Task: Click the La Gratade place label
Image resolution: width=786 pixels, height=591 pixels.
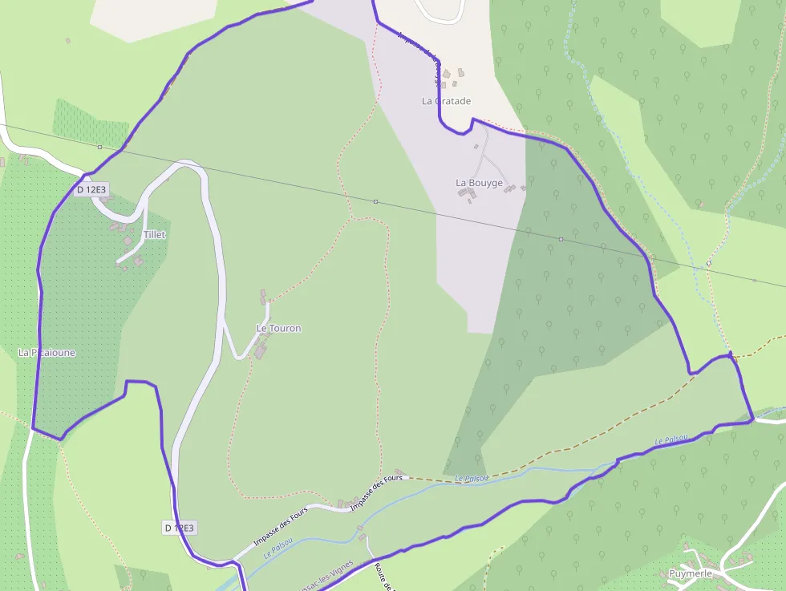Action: pyautogui.click(x=447, y=101)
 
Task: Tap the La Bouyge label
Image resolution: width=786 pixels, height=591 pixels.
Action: pyautogui.click(x=479, y=183)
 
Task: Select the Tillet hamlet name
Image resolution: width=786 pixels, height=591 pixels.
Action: pyautogui.click(x=154, y=234)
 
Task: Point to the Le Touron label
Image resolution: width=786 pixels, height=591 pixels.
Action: pyautogui.click(x=278, y=328)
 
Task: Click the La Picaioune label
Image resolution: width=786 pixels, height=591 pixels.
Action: pyautogui.click(x=47, y=352)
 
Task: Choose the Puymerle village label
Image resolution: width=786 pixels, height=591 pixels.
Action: pyautogui.click(x=691, y=573)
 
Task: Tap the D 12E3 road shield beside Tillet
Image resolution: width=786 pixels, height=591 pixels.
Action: pyautogui.click(x=91, y=190)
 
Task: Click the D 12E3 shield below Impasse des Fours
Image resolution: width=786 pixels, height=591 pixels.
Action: pyautogui.click(x=180, y=528)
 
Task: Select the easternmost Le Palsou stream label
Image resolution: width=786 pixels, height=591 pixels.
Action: pyautogui.click(x=671, y=439)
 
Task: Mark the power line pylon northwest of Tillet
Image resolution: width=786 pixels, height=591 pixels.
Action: pyautogui.click(x=99, y=147)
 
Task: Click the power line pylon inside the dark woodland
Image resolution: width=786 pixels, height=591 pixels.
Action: pyautogui.click(x=561, y=239)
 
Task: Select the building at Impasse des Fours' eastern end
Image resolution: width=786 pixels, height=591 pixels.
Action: pyautogui.click(x=399, y=473)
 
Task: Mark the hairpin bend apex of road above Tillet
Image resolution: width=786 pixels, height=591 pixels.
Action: pyautogui.click(x=188, y=163)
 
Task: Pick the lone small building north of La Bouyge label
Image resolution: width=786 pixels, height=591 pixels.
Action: pyautogui.click(x=476, y=147)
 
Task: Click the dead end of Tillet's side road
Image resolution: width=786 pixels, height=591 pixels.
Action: pyautogui.click(x=119, y=261)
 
